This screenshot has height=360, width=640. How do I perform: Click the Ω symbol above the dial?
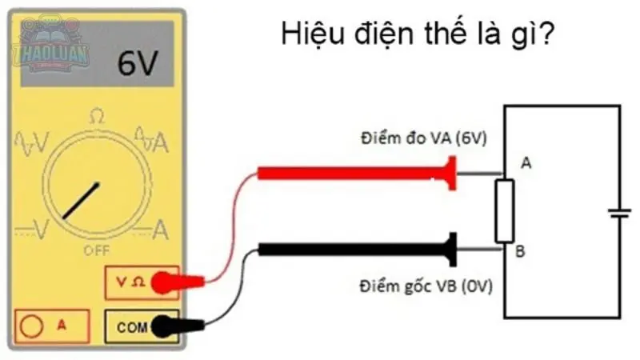coord(97,117)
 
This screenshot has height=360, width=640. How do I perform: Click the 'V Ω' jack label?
coord(127,281)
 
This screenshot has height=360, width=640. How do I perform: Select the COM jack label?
coord(128,326)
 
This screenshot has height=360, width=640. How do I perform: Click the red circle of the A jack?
coord(32,326)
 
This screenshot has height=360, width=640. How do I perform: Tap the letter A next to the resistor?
coord(526,163)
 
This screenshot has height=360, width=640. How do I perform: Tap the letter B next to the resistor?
coord(521,252)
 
